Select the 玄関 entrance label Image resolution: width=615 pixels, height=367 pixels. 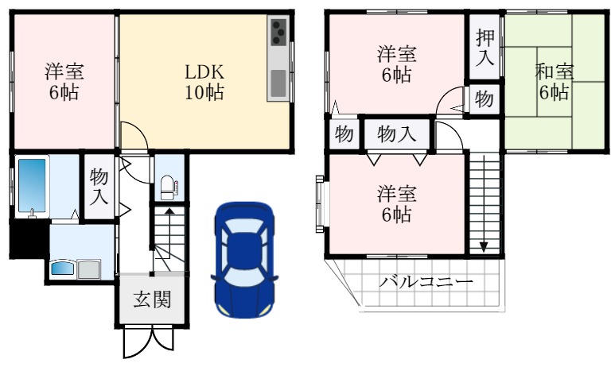point(151,299)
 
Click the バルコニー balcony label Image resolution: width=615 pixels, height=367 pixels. point(426,282)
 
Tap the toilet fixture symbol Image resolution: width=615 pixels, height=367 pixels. point(168,187)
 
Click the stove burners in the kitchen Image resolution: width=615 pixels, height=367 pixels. point(279,33)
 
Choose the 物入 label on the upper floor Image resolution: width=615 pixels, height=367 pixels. point(396,133)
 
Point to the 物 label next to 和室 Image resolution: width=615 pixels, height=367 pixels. point(484,100)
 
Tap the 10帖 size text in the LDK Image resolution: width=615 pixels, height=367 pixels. point(204,92)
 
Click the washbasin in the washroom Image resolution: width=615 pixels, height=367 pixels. point(63,268)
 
